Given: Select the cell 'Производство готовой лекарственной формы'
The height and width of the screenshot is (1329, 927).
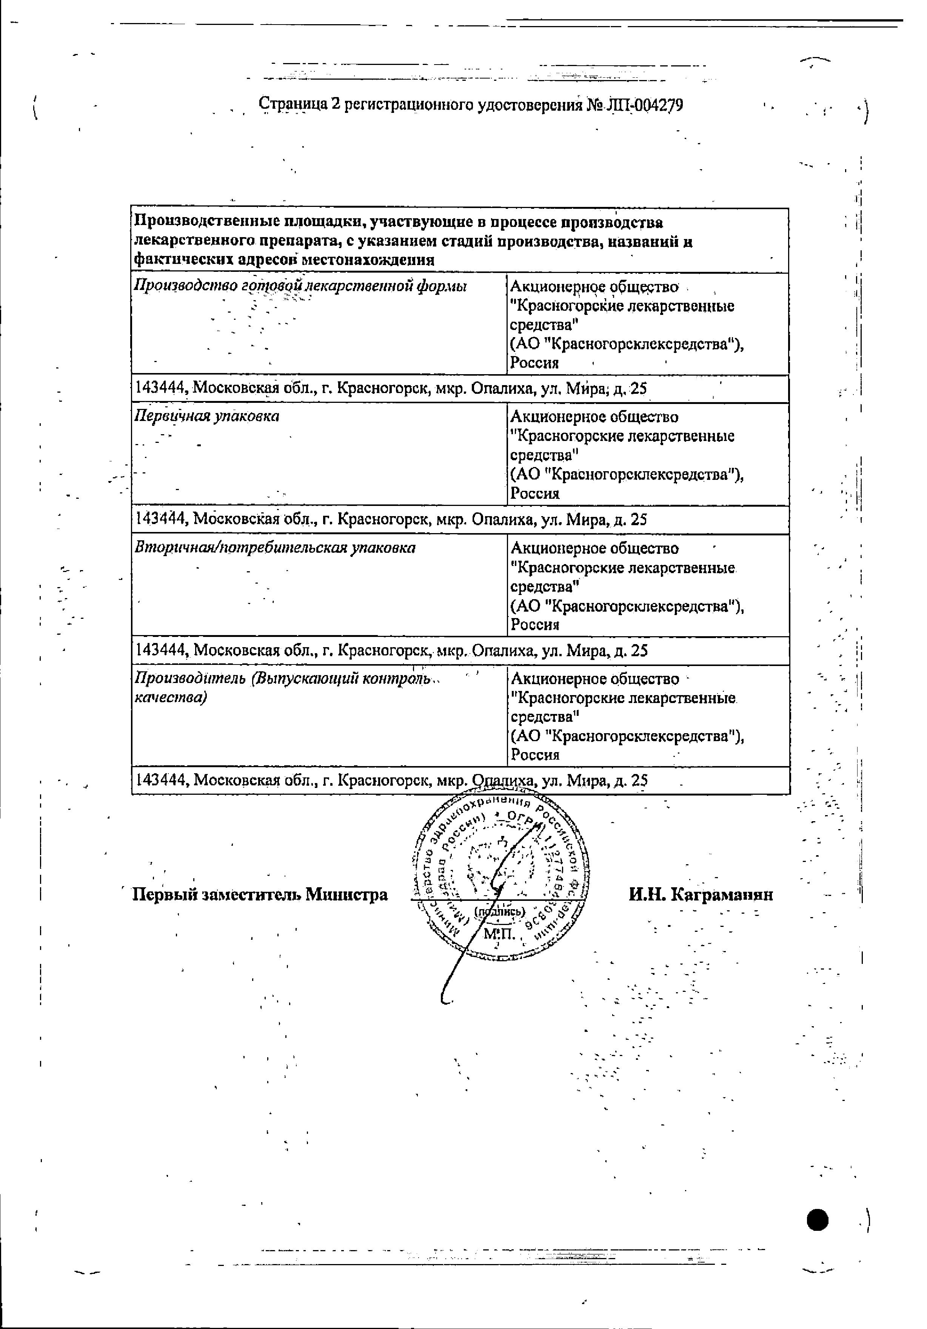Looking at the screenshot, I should pos(301,286).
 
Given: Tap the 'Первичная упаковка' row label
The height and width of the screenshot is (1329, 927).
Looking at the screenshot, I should pos(206,416).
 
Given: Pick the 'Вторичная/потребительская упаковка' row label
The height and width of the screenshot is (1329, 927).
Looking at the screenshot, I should pos(275,547).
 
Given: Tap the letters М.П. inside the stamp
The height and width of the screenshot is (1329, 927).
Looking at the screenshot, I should pos(499,933).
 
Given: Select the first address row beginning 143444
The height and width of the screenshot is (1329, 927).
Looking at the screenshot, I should pos(391,389).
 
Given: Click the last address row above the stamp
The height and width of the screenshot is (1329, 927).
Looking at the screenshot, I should pos(391,780).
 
